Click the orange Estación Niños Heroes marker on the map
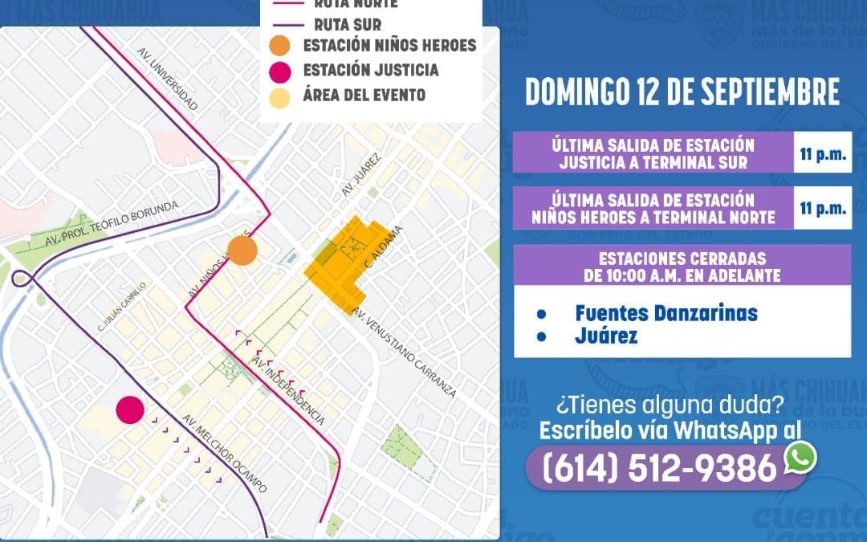click(x=242, y=251)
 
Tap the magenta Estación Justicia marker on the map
click(x=130, y=410)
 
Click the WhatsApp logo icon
click(x=800, y=456)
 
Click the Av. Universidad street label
click(x=167, y=80)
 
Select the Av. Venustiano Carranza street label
click(x=405, y=353)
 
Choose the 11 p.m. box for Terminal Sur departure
click(x=822, y=153)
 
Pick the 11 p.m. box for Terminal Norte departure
click(x=822, y=208)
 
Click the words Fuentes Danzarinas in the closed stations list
click(x=666, y=312)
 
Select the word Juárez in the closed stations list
click(x=605, y=336)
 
